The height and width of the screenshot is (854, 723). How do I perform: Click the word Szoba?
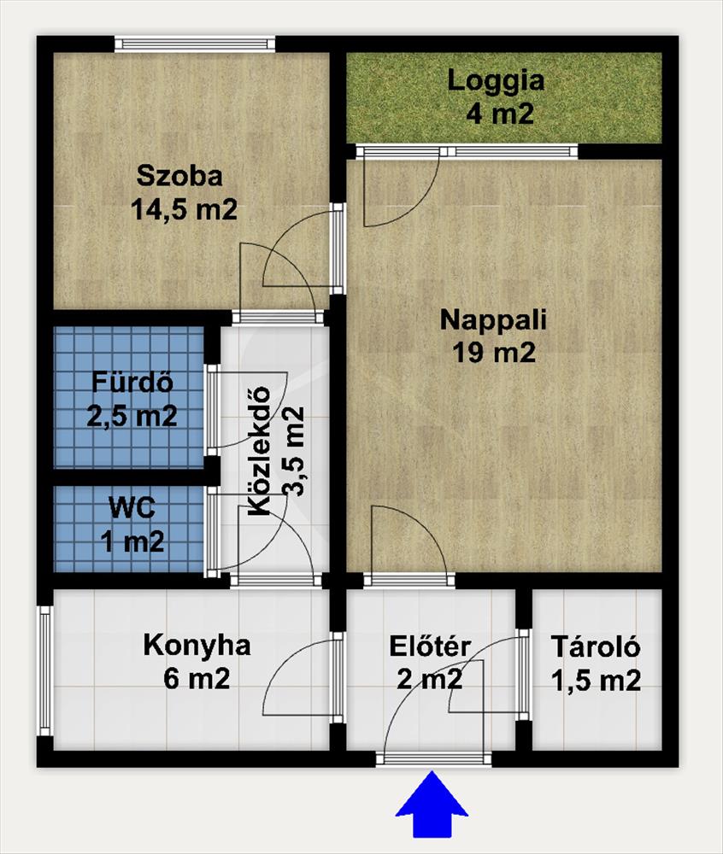click(x=179, y=176)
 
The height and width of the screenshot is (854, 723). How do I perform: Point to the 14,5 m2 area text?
click(x=184, y=209)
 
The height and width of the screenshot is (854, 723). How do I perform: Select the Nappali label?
click(x=493, y=320)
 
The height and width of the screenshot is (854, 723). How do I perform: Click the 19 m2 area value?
click(x=494, y=353)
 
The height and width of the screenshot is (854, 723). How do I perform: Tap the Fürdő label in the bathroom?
click(x=132, y=382)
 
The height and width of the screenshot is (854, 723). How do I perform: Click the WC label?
click(x=132, y=507)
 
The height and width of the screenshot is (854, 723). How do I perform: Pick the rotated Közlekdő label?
click(x=259, y=451)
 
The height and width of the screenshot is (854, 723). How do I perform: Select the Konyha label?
click(x=197, y=646)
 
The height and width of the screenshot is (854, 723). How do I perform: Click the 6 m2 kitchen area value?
click(x=197, y=679)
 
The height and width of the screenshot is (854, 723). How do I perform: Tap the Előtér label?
click(x=430, y=646)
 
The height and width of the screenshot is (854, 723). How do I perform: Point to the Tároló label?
click(x=596, y=646)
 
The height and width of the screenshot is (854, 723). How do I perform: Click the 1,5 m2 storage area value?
click(x=596, y=681)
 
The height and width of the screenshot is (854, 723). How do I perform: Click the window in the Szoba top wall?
click(x=195, y=44)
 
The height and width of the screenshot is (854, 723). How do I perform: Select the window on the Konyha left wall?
click(x=45, y=671)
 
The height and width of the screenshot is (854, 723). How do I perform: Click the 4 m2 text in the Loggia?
click(x=500, y=114)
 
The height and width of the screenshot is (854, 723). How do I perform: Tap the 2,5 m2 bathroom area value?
click(x=132, y=416)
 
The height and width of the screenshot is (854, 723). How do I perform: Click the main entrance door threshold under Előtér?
click(x=433, y=758)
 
